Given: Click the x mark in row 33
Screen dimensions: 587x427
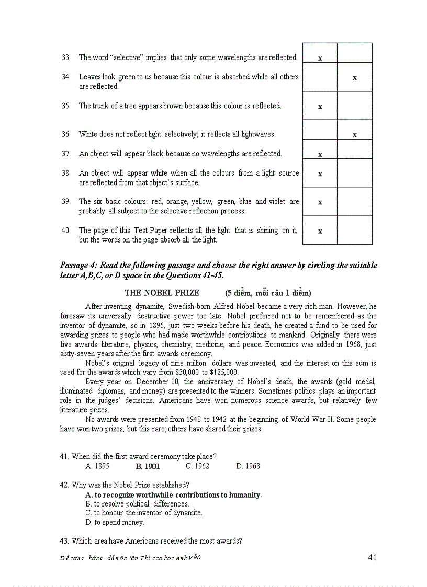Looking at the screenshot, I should [320, 58].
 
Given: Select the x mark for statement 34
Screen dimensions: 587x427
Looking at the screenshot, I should [354, 78].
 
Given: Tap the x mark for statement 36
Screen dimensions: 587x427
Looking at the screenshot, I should [354, 135].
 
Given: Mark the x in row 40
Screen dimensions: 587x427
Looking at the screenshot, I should [320, 231].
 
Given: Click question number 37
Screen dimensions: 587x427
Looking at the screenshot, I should [65, 154].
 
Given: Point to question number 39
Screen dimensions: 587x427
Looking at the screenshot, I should [65, 201].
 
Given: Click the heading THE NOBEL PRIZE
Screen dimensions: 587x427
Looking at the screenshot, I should [162, 293].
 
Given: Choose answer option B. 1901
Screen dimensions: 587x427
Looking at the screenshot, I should [148, 466].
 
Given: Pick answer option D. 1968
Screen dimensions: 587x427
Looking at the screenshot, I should [248, 466].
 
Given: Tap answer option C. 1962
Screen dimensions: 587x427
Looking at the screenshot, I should [197, 466].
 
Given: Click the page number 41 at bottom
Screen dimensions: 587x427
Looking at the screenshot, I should [372, 557].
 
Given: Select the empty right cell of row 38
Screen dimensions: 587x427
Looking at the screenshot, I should [354, 173].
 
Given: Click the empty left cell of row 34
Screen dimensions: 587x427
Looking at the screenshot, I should [320, 77].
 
